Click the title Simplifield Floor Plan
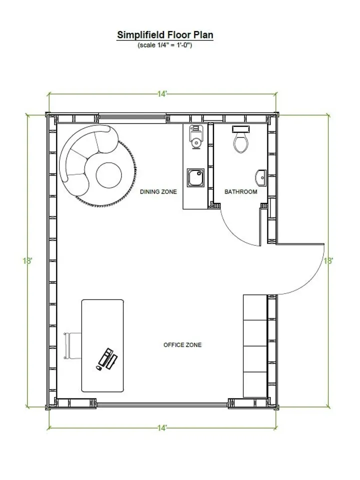pyautogui.click(x=165, y=35)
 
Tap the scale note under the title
pyautogui.click(x=165, y=45)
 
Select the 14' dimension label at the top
pyautogui.click(x=162, y=94)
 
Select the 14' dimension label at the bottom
pyautogui.click(x=162, y=428)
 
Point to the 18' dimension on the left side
pyautogui.click(x=27, y=260)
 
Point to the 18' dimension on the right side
pyautogui.click(x=328, y=260)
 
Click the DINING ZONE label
pyautogui.click(x=158, y=191)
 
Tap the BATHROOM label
pyautogui.click(x=240, y=191)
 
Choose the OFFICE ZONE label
pyautogui.click(x=182, y=345)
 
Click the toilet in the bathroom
pyautogui.click(x=240, y=140)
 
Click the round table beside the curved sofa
pyautogui.click(x=108, y=175)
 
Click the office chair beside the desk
pyautogui.click(x=72, y=345)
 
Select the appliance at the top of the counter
pyautogui.click(x=195, y=136)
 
